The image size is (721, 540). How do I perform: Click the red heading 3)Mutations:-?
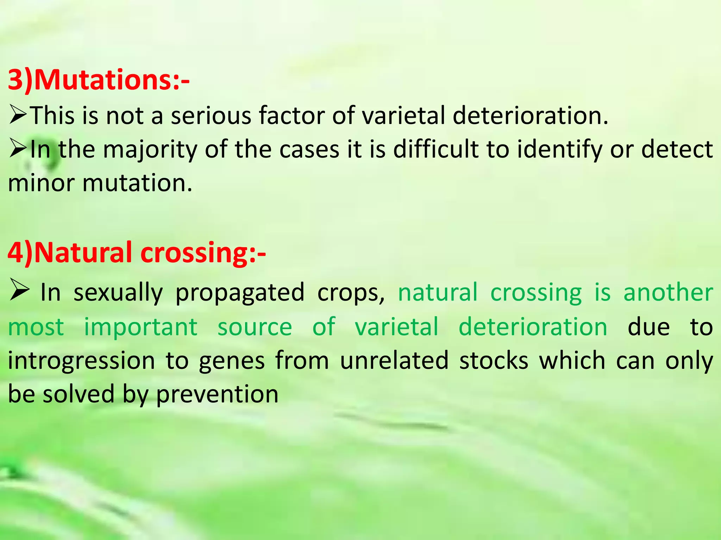[99, 80]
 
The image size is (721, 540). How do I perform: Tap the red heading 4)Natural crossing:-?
[137, 252]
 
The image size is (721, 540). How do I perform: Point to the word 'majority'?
[150, 150]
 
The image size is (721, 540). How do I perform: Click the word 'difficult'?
[435, 150]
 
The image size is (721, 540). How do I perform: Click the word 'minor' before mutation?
[41, 184]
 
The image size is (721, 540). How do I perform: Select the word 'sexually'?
[118, 292]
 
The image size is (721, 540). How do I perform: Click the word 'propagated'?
[240, 292]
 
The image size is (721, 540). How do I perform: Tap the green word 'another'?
[668, 292]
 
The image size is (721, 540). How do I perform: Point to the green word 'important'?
[140, 327]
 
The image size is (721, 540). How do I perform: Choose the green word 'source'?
[255, 327]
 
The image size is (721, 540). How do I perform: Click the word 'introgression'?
[81, 361]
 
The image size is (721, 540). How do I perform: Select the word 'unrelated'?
[394, 361]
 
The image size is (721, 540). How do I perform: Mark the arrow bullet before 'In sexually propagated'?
[19, 290]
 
